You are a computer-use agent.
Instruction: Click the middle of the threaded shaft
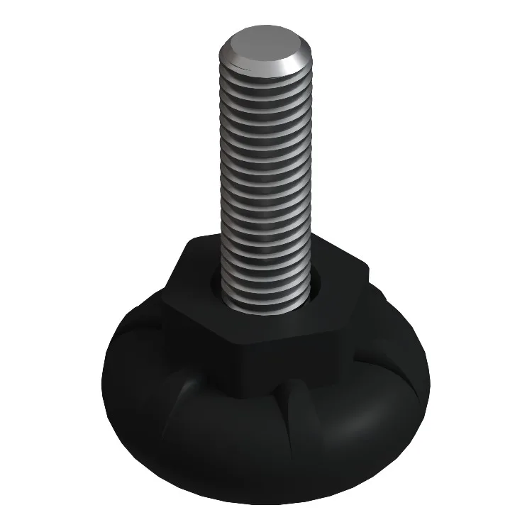(x=266, y=184)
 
